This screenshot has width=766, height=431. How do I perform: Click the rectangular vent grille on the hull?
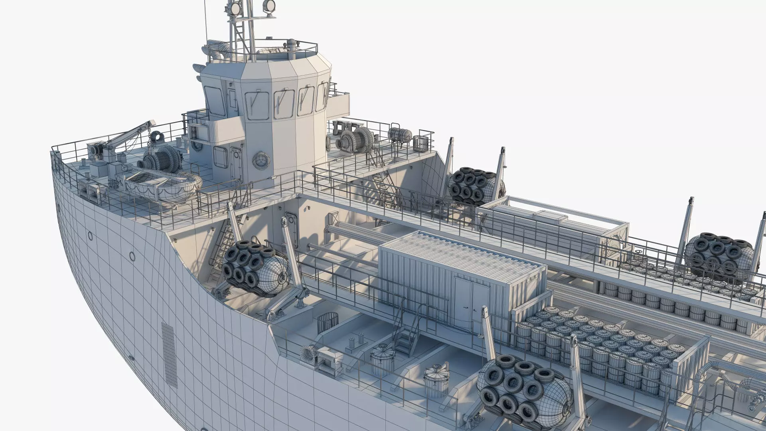click(x=170, y=354)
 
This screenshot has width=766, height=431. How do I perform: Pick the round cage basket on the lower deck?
click(x=328, y=322)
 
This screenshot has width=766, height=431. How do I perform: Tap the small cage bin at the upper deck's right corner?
click(x=421, y=143)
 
